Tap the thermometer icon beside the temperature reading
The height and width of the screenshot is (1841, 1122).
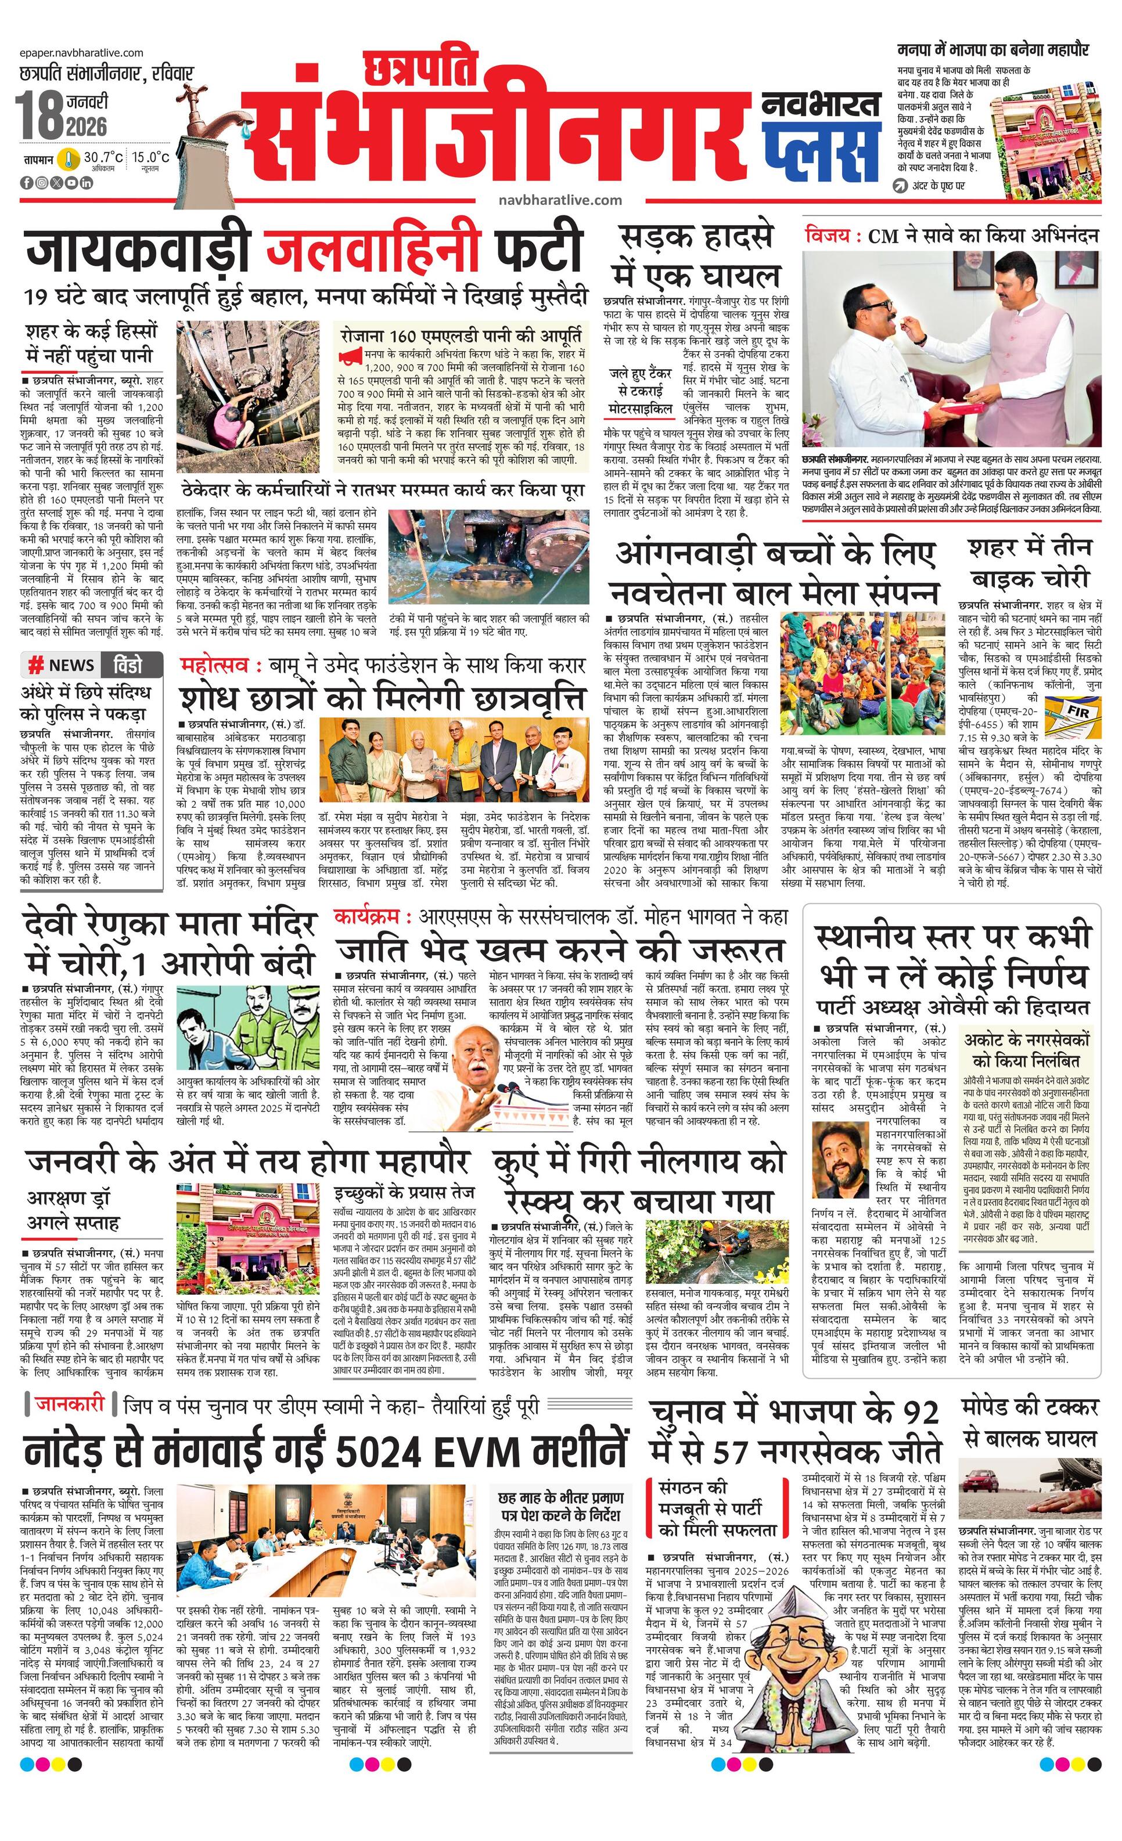pyautogui.click(x=70, y=159)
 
